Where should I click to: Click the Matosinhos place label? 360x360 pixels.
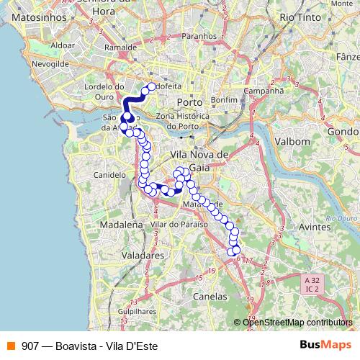[x=35, y=15]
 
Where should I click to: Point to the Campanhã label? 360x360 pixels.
[x=264, y=91]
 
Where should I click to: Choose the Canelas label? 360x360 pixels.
[x=210, y=296]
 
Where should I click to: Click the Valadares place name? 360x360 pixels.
[x=142, y=255]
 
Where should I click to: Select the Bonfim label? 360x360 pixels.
[x=225, y=99]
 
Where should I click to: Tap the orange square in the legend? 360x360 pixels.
[x=9, y=345]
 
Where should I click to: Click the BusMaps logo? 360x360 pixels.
[x=325, y=345]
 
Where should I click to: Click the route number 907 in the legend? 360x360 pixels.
[x=31, y=345]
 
